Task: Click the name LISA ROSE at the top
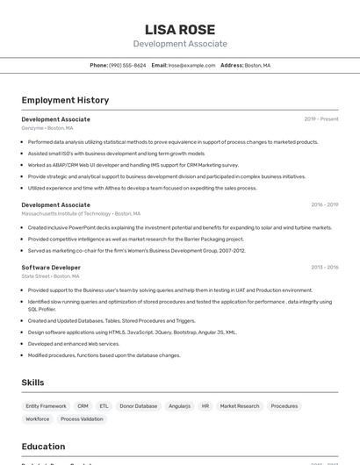tap(180, 29)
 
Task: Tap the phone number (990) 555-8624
tap(127, 65)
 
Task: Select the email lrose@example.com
tap(191, 65)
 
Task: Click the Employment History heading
tap(65, 100)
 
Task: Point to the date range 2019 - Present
tap(320, 119)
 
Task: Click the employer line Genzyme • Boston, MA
tap(47, 128)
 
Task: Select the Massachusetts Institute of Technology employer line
tap(81, 213)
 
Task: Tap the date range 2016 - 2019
tap(324, 205)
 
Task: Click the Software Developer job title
tap(51, 267)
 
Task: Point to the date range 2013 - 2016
tap(324, 267)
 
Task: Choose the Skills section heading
tap(32, 383)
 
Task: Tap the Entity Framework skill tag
tap(46, 406)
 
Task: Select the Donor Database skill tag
tap(139, 406)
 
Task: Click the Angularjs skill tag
tap(179, 406)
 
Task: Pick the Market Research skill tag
tap(240, 406)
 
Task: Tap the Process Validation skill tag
tap(82, 419)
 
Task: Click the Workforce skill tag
tap(38, 419)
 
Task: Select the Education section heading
tap(43, 446)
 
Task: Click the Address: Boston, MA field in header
tap(245, 65)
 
